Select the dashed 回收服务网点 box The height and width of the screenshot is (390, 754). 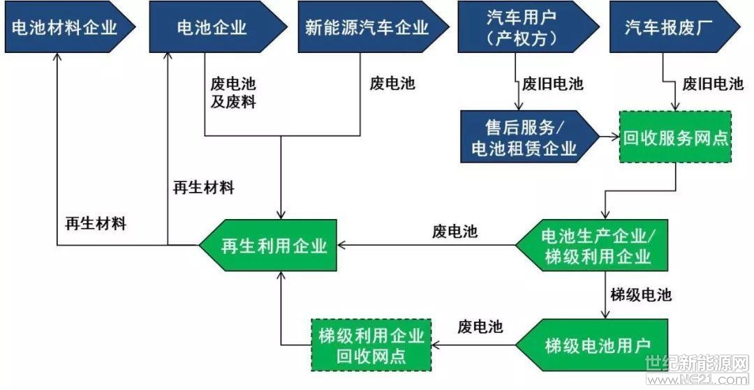coord(675,137)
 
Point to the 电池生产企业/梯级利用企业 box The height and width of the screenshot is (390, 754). coord(592,246)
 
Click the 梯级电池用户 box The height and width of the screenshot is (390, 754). coord(592,345)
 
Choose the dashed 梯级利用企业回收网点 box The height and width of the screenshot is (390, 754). coord(371,345)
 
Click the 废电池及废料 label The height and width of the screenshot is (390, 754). coord(233,93)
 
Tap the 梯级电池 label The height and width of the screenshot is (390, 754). coord(641,294)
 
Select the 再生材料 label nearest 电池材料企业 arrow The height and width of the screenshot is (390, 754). coord(96,224)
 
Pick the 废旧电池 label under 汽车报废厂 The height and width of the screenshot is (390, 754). coord(713,84)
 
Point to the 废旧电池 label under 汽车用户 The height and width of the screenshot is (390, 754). coord(552,84)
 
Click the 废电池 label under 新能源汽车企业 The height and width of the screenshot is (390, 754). coord(392,84)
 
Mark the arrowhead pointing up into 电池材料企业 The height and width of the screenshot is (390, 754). coord(57,57)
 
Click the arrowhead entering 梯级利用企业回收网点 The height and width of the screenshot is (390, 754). coord(436,345)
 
